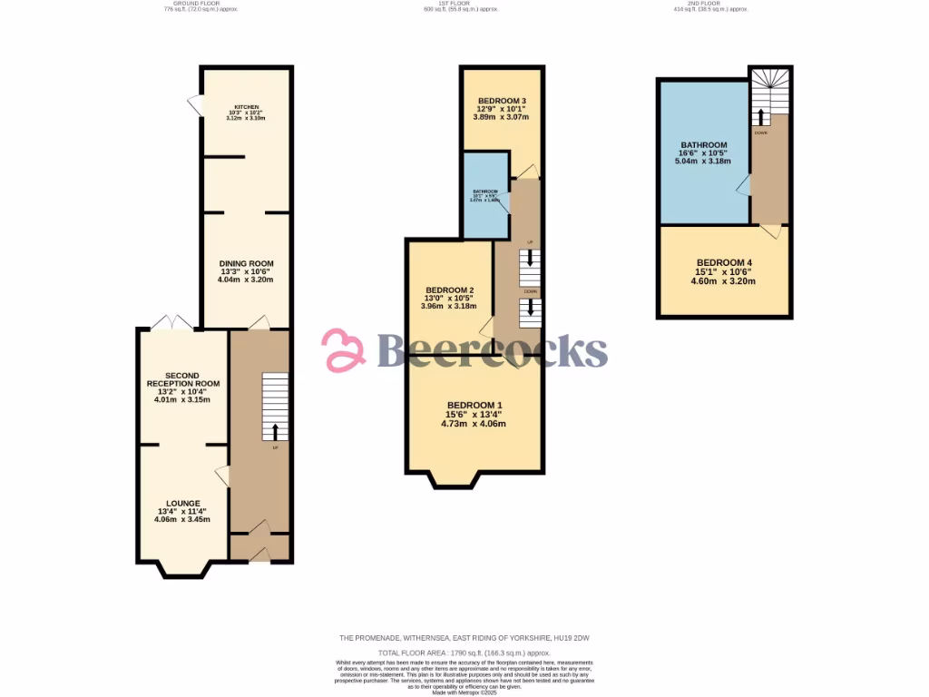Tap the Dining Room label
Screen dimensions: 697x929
[246, 263]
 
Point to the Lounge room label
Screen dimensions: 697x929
[182, 504]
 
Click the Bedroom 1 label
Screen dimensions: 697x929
[474, 405]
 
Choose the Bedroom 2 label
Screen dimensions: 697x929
[449, 290]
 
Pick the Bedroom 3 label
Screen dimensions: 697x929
[502, 101]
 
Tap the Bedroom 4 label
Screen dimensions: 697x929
[723, 263]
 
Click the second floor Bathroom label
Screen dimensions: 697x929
[704, 145]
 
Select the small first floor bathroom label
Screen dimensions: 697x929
[485, 191]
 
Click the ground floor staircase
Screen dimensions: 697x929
[275, 406]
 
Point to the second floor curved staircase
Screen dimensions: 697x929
[770, 92]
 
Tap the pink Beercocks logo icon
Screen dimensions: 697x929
[344, 351]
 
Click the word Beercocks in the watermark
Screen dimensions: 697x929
[491, 350]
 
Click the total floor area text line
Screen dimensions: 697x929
[464, 653]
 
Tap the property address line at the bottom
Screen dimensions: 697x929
[464, 638]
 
